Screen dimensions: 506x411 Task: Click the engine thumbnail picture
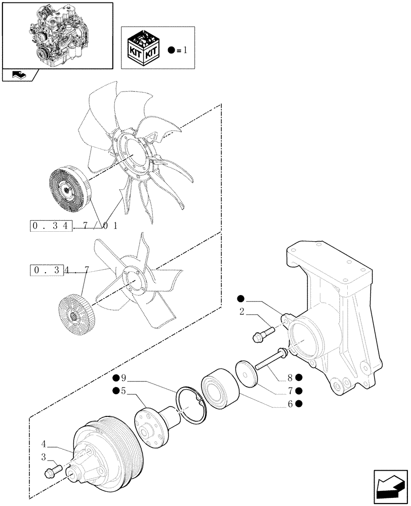pyautogui.click(x=57, y=35)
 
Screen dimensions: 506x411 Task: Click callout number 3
pyautogui.click(x=45, y=457)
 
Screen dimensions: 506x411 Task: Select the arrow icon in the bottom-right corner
pyautogui.click(x=389, y=487)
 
